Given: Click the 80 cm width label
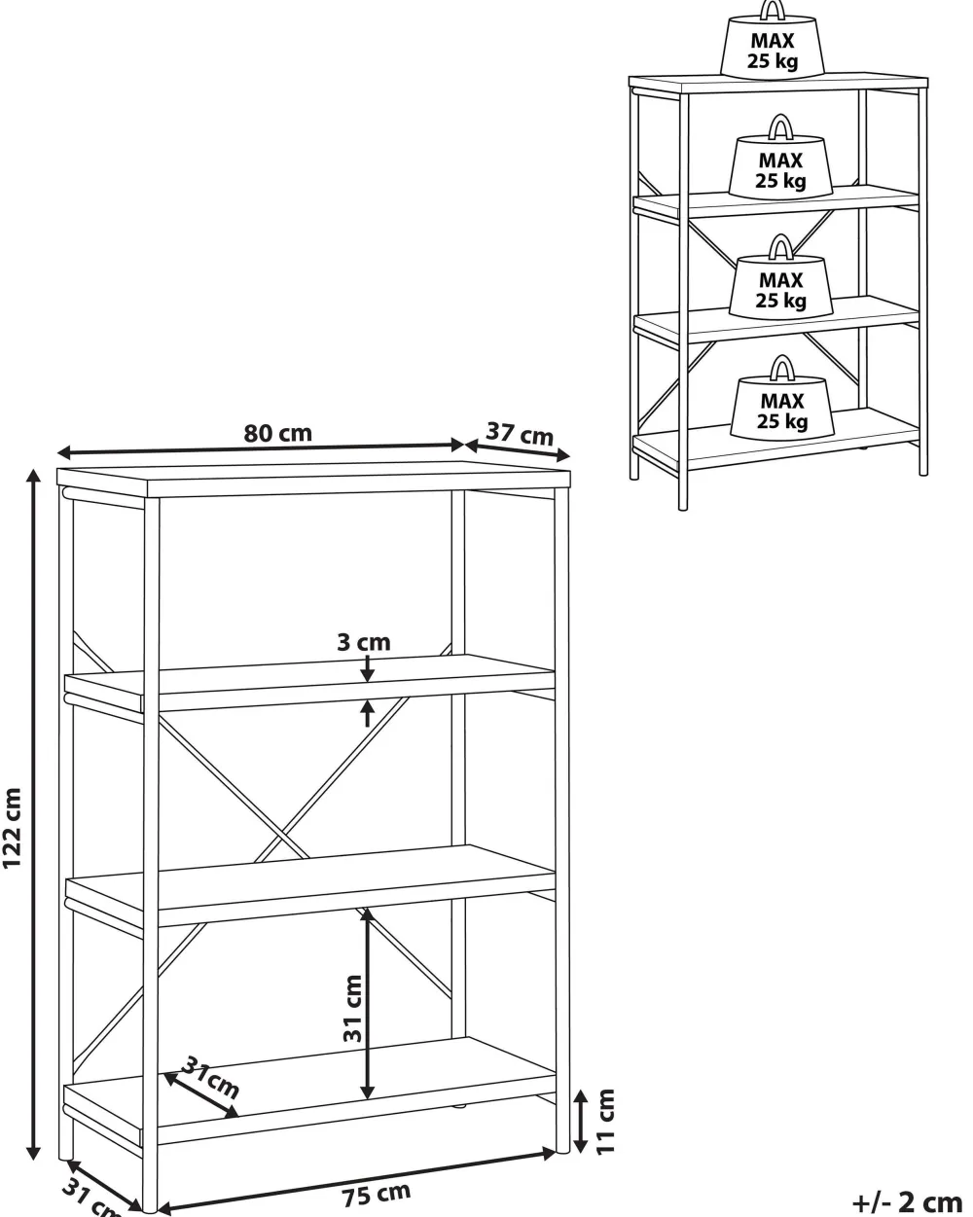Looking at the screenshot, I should coord(278,433).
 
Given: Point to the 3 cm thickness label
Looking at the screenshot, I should coord(364,642).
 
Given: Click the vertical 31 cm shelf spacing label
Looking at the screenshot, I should coord(352,1009).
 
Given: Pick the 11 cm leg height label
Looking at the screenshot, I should coord(604,1121).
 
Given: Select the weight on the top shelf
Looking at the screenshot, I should coord(772,50).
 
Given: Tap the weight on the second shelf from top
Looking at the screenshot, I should coord(780,166).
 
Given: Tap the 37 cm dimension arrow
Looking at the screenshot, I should coord(517,449).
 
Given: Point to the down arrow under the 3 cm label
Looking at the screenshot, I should coord(368,668).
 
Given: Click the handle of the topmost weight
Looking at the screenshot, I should coord(773,10).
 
